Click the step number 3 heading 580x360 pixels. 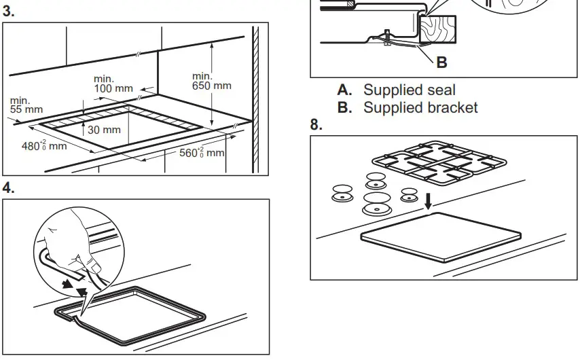[x=9, y=12]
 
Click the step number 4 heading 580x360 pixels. [x=9, y=188]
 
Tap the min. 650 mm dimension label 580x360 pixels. [x=211, y=81]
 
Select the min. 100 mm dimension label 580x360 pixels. [x=113, y=84]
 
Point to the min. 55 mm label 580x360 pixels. [x=26, y=105]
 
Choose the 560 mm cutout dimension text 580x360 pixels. [x=201, y=153]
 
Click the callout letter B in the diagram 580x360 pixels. [x=441, y=62]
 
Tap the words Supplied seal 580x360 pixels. [x=410, y=90]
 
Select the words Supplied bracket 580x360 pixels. [x=420, y=107]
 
